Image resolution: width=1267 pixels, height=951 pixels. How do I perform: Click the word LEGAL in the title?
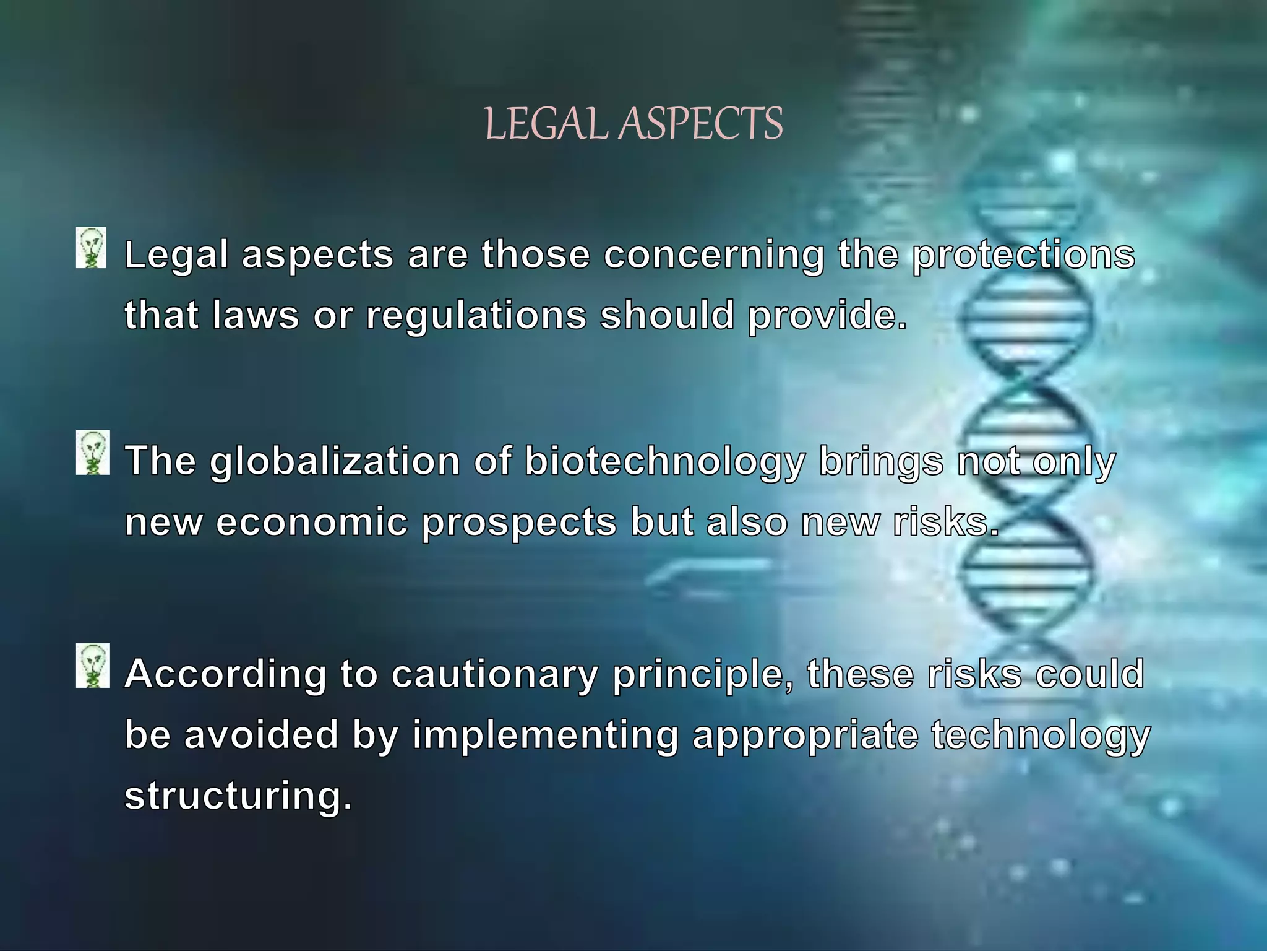pyautogui.click(x=549, y=124)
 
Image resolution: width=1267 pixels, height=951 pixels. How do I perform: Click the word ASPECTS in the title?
pyautogui.click(x=701, y=124)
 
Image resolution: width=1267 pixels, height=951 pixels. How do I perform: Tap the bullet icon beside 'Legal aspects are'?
pyautogui.click(x=92, y=248)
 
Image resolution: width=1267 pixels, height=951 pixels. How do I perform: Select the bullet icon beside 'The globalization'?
pyautogui.click(x=93, y=453)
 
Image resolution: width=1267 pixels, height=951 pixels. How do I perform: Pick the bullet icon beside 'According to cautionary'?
pyautogui.click(x=93, y=666)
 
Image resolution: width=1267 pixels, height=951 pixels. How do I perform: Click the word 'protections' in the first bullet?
pyautogui.click(x=1024, y=255)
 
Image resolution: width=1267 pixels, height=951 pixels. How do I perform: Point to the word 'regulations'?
pyautogui.click(x=476, y=316)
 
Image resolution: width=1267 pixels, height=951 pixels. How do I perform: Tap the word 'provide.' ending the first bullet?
pyautogui.click(x=827, y=316)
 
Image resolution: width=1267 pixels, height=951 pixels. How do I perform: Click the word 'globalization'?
pyautogui.click(x=335, y=462)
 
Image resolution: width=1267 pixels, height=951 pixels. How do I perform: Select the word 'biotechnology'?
pyautogui.click(x=665, y=462)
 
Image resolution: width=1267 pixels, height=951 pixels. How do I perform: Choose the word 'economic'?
pyautogui.click(x=312, y=522)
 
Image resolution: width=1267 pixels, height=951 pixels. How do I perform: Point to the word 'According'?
pyautogui.click(x=225, y=674)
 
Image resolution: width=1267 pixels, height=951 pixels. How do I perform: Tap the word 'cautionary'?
pyautogui.click(x=494, y=674)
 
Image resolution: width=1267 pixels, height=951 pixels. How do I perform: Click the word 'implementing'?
pyautogui.click(x=545, y=736)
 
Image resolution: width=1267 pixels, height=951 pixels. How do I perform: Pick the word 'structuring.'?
pyautogui.click(x=238, y=796)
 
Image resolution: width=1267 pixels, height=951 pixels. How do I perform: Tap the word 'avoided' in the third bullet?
pyautogui.click(x=261, y=735)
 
